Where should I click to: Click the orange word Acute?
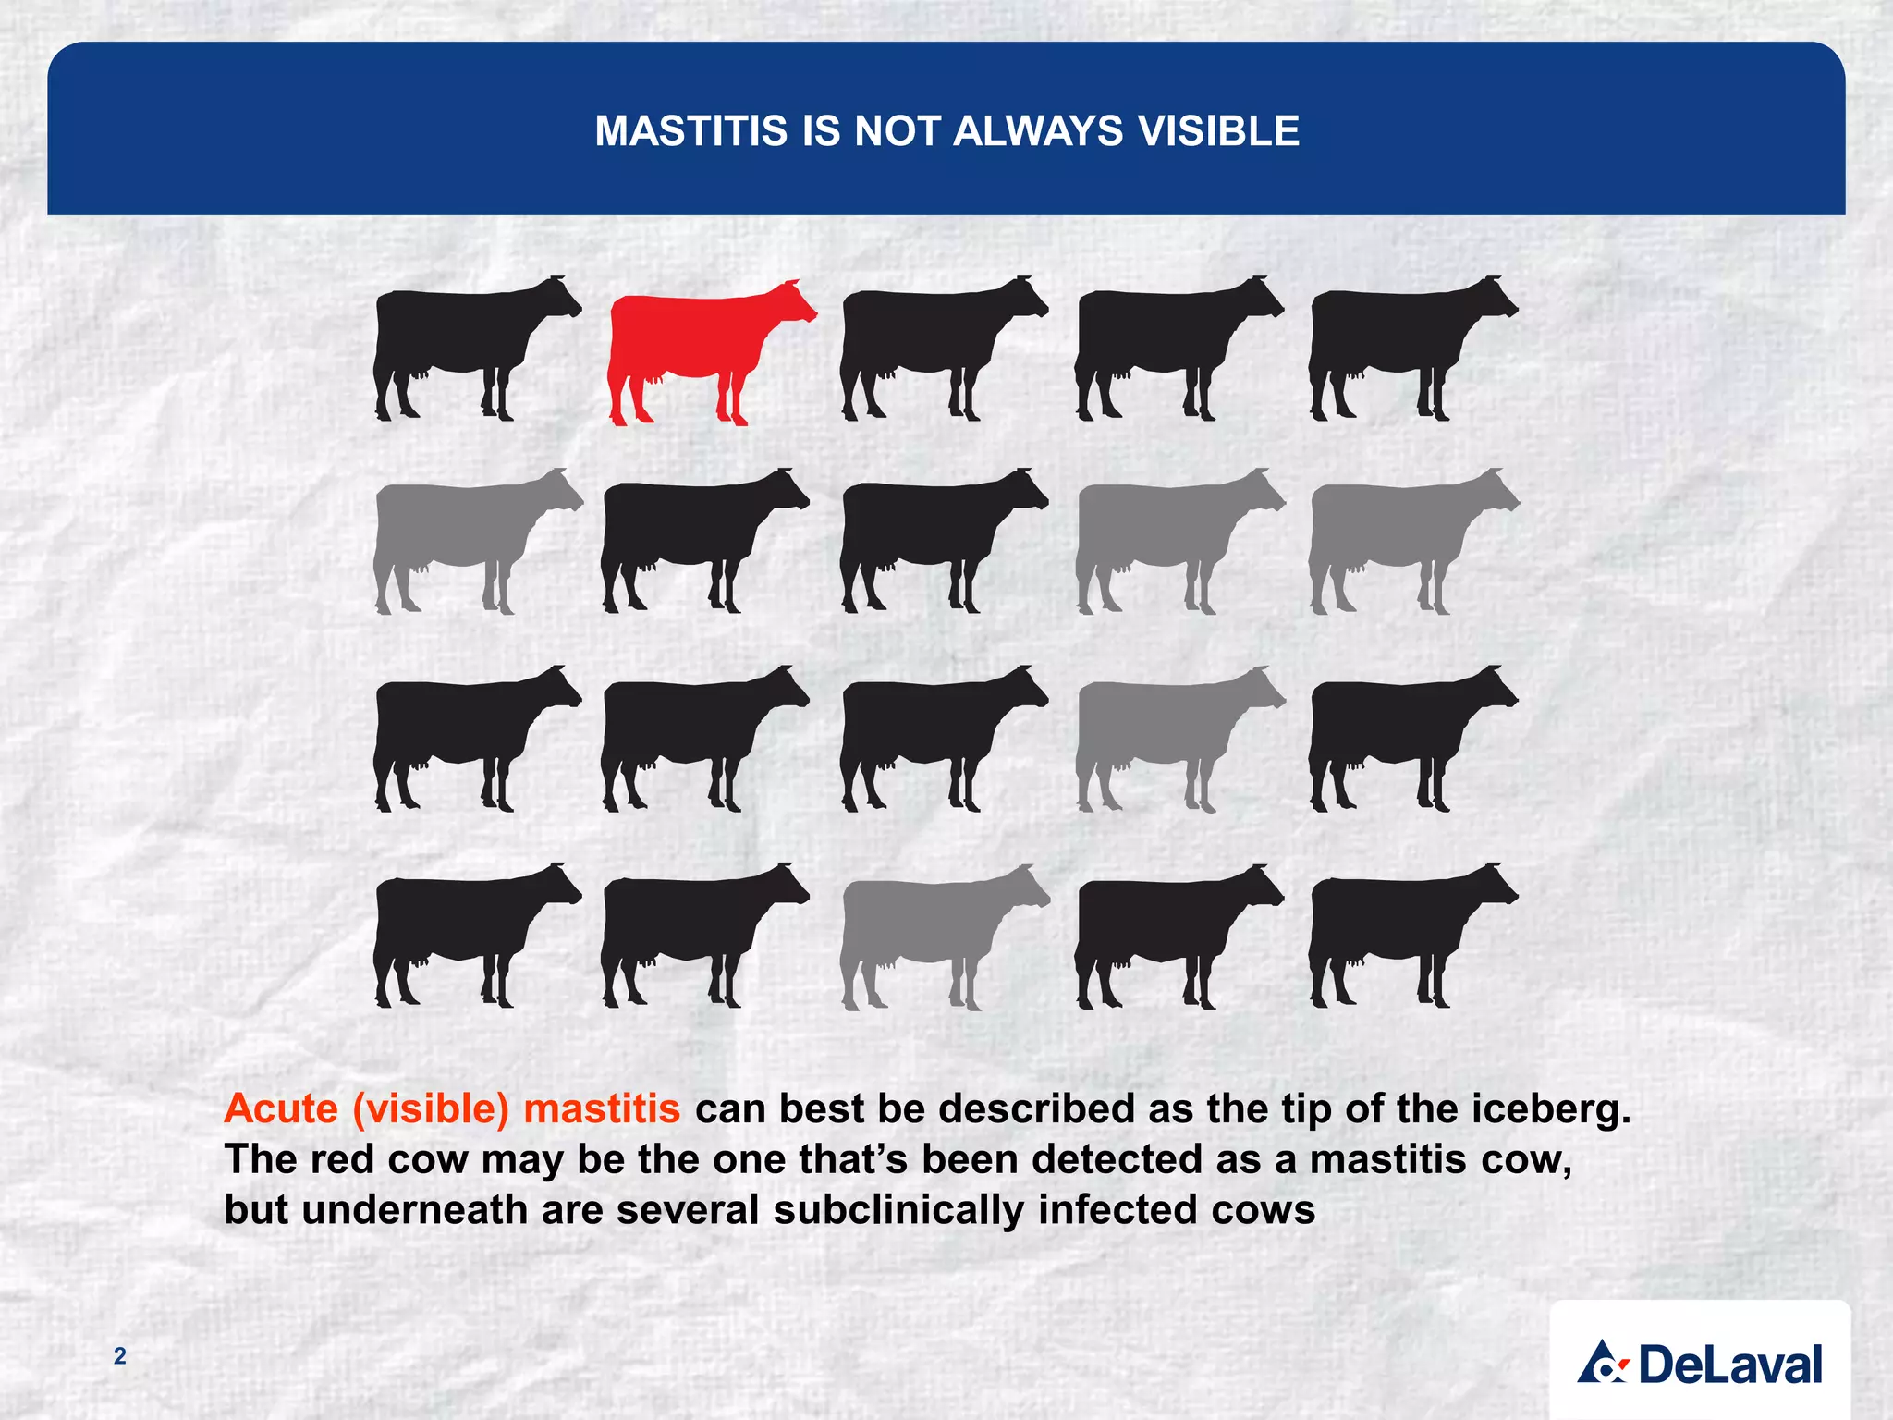tap(281, 1108)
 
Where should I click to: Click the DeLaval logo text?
tap(1729, 1365)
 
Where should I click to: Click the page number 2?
tap(119, 1356)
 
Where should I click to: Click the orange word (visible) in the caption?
tap(431, 1108)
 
